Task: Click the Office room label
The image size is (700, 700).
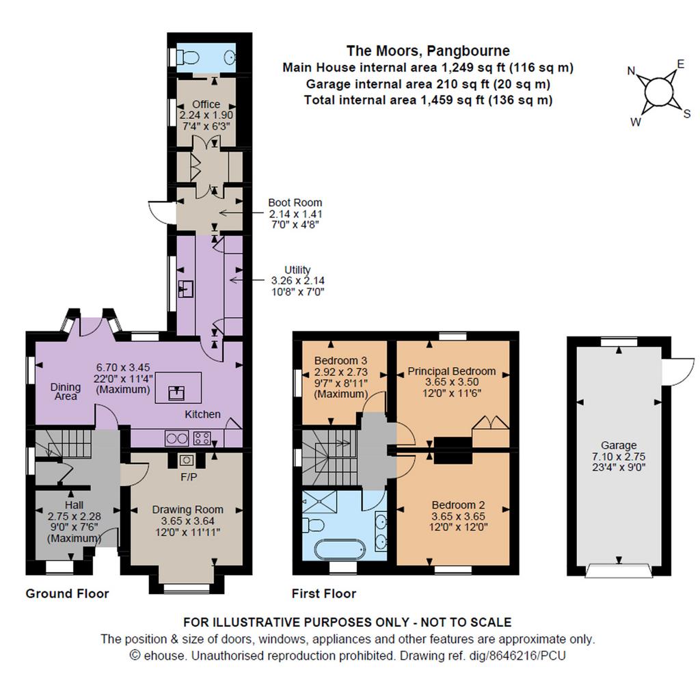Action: pos(206,104)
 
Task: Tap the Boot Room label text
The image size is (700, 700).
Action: pos(295,202)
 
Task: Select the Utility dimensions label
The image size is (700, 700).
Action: pos(298,286)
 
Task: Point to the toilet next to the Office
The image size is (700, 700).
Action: pos(187,57)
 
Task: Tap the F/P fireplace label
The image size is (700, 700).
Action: pos(189,477)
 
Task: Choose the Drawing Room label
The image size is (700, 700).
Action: pos(187,509)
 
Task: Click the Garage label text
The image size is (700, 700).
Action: pos(619,445)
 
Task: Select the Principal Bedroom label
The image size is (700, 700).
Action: pos(452,371)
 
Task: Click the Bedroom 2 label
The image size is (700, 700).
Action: pos(459,505)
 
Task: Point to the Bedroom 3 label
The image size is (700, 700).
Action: pos(341,360)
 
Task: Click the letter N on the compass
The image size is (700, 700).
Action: pos(632,71)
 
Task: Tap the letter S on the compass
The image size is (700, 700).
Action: pos(687,114)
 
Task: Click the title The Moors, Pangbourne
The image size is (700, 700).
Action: pos(428,51)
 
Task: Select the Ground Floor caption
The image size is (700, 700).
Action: pos(68,593)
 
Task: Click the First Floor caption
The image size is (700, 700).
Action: pos(324,593)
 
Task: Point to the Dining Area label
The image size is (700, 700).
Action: pos(66,392)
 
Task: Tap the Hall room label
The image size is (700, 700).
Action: pos(74,505)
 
